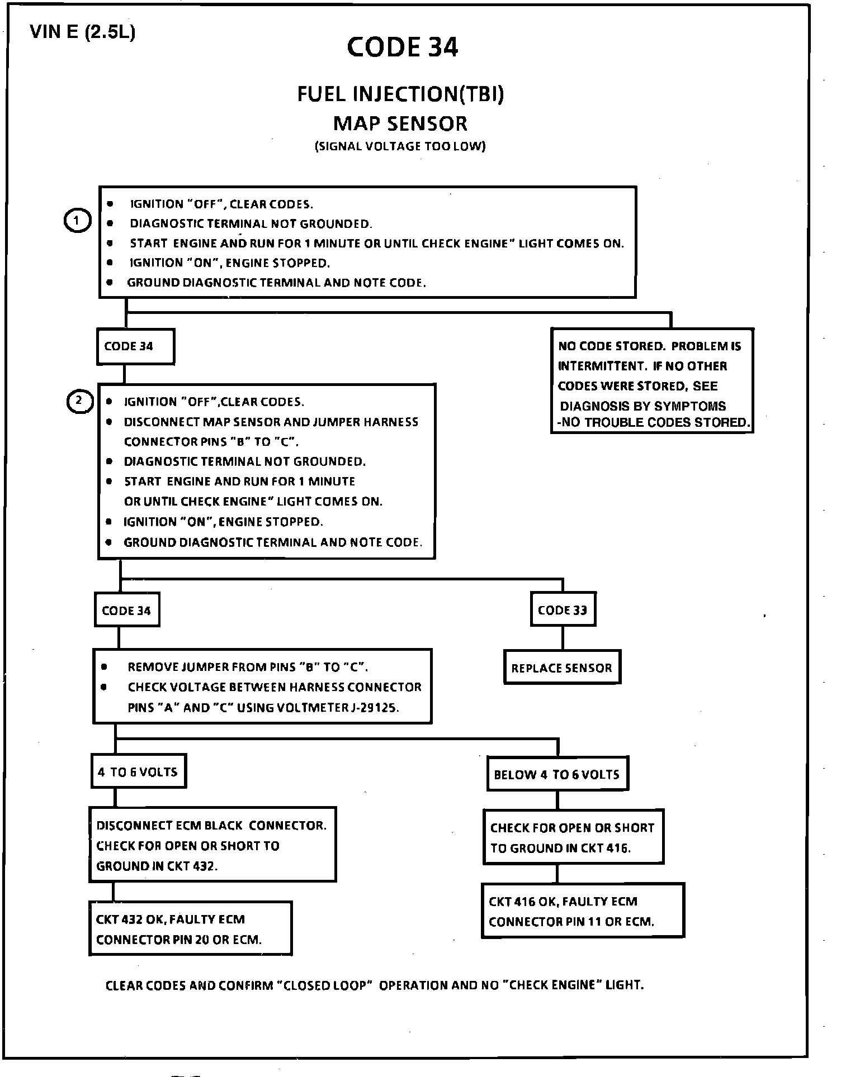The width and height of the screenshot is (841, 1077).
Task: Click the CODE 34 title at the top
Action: pos(402,47)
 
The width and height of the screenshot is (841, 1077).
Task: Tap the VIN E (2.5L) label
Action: pos(82,32)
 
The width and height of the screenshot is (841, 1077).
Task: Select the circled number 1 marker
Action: pos(77,222)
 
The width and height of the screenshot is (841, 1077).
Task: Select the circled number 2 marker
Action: pos(79,401)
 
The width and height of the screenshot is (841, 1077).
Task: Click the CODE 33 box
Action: pos(562,610)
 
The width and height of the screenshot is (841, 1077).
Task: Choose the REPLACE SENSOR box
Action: pos(561,668)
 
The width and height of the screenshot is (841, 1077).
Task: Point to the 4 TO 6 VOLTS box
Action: pos(138,772)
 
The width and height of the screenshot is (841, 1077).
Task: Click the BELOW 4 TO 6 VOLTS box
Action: pos(557,774)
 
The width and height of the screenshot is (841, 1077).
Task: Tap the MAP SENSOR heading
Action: pos(400,123)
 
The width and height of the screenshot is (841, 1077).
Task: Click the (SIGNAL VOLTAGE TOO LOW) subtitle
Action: pos(400,146)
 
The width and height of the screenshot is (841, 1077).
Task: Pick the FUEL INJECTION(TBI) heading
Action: pos(400,94)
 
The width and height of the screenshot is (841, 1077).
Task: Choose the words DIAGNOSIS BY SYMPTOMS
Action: pos(643,406)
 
